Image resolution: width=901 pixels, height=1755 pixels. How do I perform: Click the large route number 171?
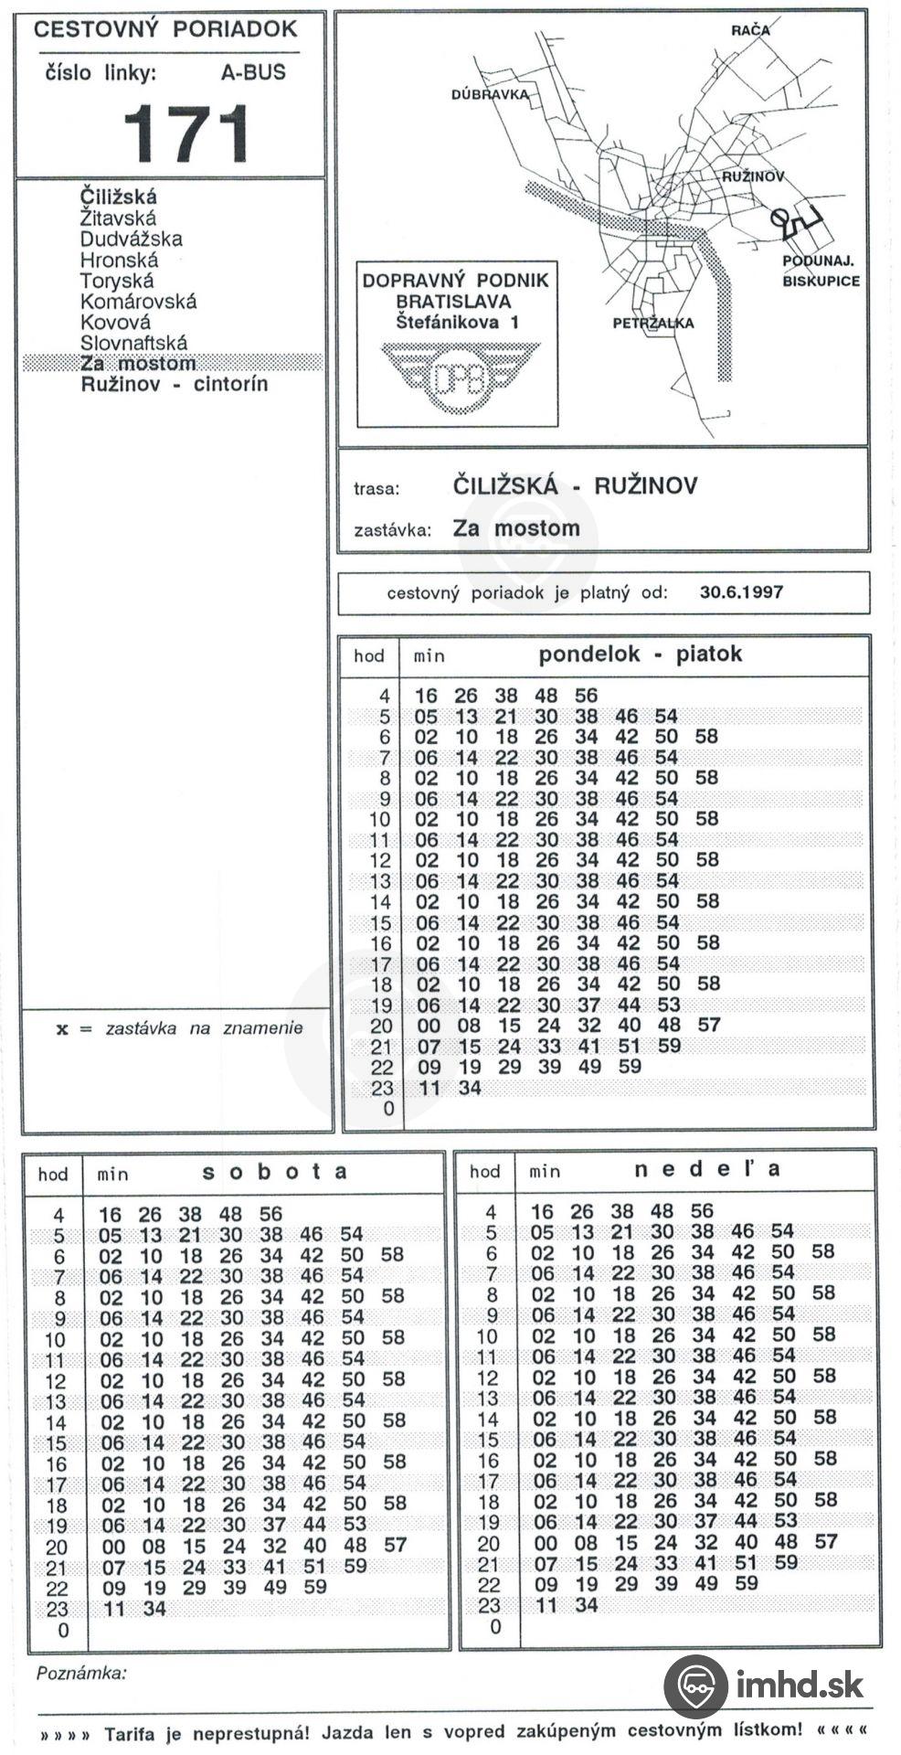coord(185,133)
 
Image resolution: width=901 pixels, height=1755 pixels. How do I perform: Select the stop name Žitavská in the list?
coord(118,218)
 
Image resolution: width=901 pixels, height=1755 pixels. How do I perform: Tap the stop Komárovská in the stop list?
coord(138,302)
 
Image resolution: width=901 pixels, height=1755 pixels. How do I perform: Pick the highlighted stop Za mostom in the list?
coord(138,364)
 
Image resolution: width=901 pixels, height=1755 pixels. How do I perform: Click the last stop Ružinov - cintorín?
coord(174,385)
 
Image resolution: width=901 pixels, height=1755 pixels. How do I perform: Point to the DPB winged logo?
coord(459,378)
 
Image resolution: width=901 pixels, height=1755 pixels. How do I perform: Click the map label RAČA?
coord(749,30)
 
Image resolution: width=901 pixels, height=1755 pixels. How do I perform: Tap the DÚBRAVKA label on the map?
coord(490,95)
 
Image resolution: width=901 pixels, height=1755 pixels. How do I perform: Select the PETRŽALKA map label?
coord(652,323)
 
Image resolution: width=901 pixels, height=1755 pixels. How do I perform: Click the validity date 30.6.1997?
coord(741,591)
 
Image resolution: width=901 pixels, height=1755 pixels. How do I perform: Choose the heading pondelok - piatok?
coord(640,654)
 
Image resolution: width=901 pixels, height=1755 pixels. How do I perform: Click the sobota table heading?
coord(274,1172)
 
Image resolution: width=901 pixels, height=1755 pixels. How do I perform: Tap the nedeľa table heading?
coord(707,1169)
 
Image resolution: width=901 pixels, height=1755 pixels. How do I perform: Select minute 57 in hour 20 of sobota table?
coord(395,1546)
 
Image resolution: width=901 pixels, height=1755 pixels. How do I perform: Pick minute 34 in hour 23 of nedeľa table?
coord(586,1605)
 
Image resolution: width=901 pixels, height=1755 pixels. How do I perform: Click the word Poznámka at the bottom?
coord(81,1674)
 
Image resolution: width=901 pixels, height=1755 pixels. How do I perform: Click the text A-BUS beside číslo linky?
coord(253,72)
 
